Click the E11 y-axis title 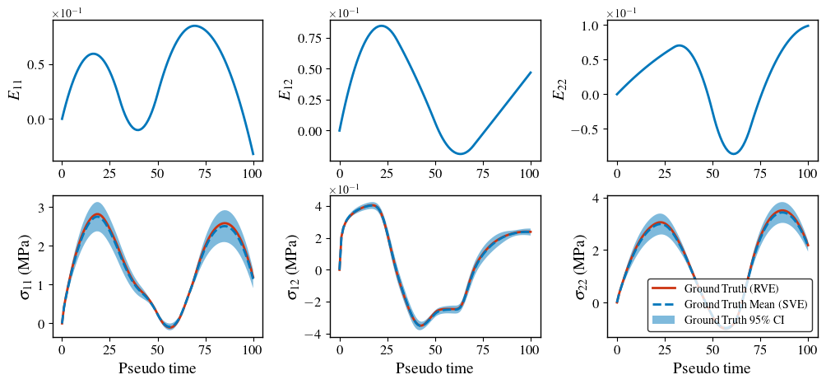[x=15, y=91]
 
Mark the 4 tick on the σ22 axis [x=601, y=199]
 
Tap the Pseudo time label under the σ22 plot [x=712, y=368]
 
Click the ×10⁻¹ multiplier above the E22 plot [x=622, y=13]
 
